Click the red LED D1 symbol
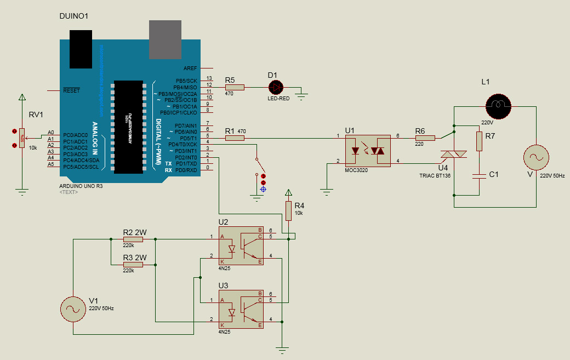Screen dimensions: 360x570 coord(275,87)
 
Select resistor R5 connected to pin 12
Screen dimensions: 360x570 coord(235,87)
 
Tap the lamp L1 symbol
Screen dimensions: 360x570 coord(498,104)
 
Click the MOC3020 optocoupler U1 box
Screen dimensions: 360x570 coord(367,150)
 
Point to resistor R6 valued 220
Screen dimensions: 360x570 coord(425,138)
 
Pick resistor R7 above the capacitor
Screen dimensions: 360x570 coord(480,141)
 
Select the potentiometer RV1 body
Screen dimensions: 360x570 coord(22,139)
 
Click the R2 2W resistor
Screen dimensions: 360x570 coord(133,239)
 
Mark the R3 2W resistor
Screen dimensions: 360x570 coord(133,264)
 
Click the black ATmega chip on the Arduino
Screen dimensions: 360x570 coord(129,127)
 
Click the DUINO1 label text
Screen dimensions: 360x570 coord(73,16)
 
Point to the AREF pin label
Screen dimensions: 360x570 coord(190,68)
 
